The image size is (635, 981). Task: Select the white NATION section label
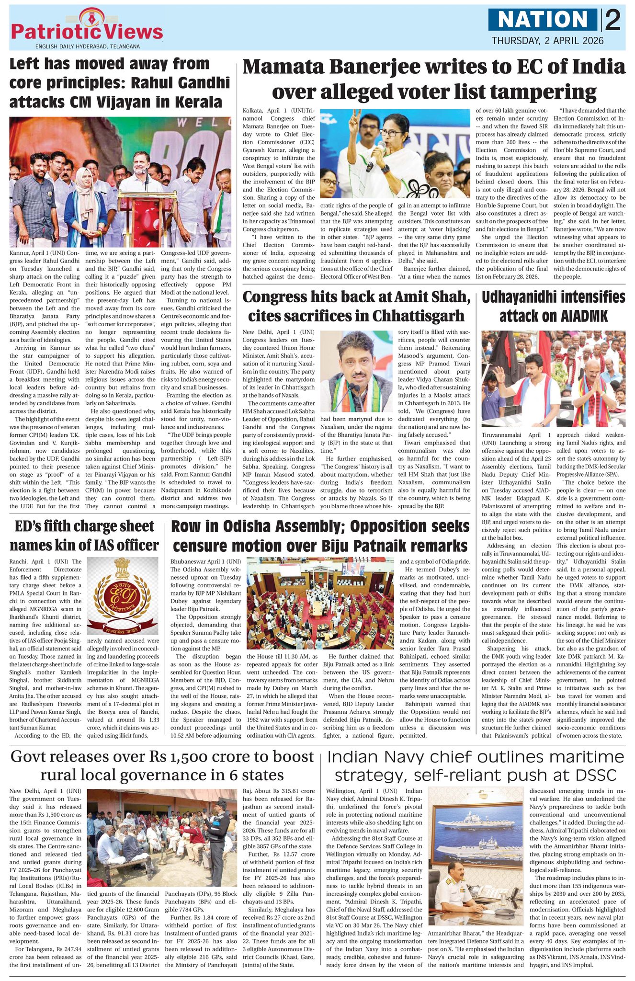pos(543,20)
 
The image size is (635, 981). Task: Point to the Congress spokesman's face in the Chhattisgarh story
pos(355,357)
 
